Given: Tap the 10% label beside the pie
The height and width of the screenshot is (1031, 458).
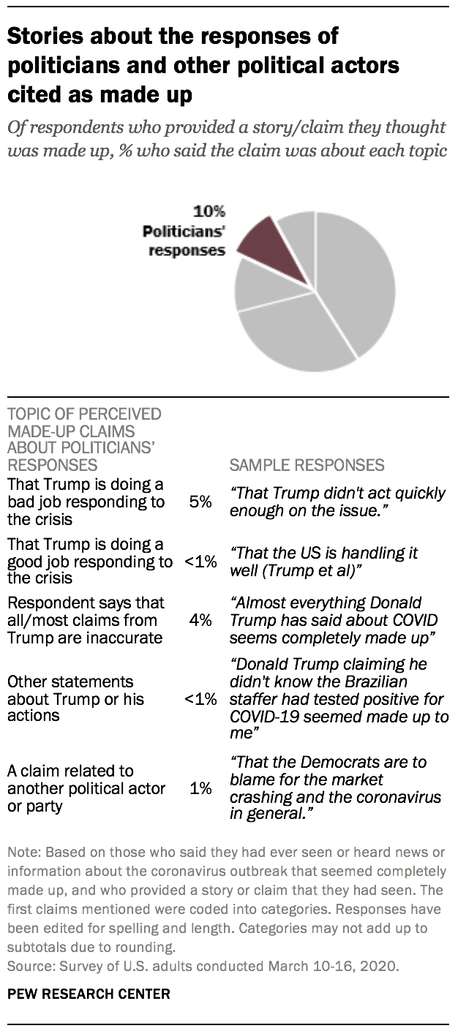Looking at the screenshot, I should click(209, 212).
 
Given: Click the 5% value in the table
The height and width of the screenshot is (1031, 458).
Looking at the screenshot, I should click(200, 502).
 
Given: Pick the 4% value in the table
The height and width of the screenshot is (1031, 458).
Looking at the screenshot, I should click(200, 620).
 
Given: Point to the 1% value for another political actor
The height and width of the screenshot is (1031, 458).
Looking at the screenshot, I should click(200, 788).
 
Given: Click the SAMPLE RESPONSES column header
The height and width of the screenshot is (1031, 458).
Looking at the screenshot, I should click(307, 465).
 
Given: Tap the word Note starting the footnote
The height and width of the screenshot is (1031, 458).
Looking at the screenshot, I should click(23, 853).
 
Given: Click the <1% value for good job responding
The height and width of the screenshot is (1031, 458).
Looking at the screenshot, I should click(200, 562).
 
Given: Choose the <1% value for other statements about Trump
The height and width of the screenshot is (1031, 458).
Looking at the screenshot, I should click(200, 699).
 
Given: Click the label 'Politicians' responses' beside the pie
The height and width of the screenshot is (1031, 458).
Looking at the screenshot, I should click(183, 241).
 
